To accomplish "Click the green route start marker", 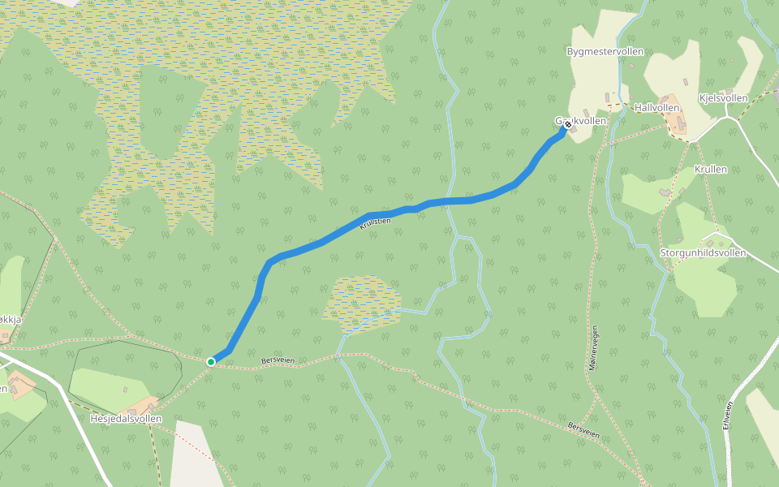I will point(211,361).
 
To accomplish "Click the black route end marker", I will point(567,124).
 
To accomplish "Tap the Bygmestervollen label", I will point(605,51).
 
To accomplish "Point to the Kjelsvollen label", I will point(723,98).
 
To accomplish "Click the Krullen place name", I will point(711,170).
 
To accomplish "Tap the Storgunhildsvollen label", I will point(703,252).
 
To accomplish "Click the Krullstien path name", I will point(375,222).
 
